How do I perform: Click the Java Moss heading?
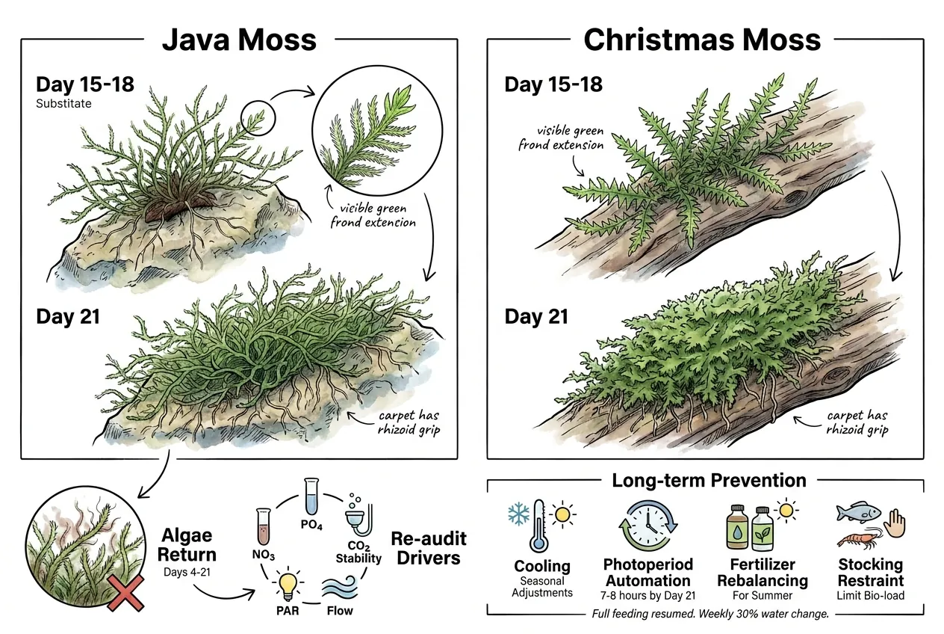pyautogui.click(x=239, y=40)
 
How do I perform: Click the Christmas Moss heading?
pyautogui.click(x=702, y=40)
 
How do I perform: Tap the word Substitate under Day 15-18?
pyautogui.click(x=63, y=104)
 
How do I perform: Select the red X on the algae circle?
pyautogui.click(x=125, y=593)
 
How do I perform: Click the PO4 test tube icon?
pyautogui.click(x=311, y=496)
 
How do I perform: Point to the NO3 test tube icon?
pyautogui.click(x=264, y=526)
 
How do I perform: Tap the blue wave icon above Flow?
pyautogui.click(x=340, y=587)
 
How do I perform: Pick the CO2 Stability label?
pyautogui.click(x=358, y=553)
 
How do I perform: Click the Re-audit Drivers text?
pyautogui.click(x=429, y=548)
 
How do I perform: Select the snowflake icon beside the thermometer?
pyautogui.click(x=519, y=514)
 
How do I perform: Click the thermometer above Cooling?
pyautogui.click(x=539, y=526)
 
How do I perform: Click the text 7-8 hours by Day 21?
pyautogui.click(x=648, y=596)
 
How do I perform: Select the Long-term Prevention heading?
pyautogui.click(x=709, y=480)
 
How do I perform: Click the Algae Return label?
pyautogui.click(x=187, y=544)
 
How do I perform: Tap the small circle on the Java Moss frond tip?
pyautogui.click(x=258, y=118)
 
